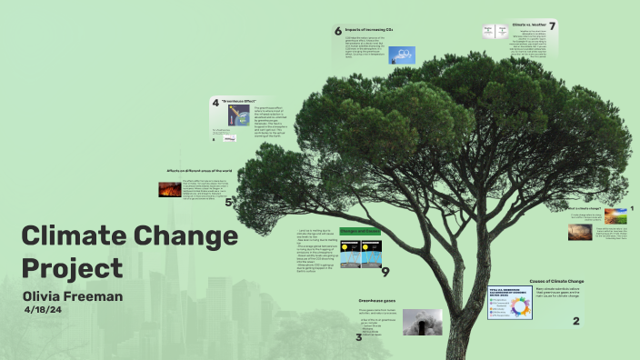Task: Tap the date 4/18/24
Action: point(44,310)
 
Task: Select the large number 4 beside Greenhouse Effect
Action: point(215,103)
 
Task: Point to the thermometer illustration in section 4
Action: point(239,115)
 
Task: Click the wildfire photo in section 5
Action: point(169,190)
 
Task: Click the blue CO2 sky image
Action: point(402,55)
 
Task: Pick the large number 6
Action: point(337,31)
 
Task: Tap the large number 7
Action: point(552,27)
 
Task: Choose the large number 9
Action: point(385,271)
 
